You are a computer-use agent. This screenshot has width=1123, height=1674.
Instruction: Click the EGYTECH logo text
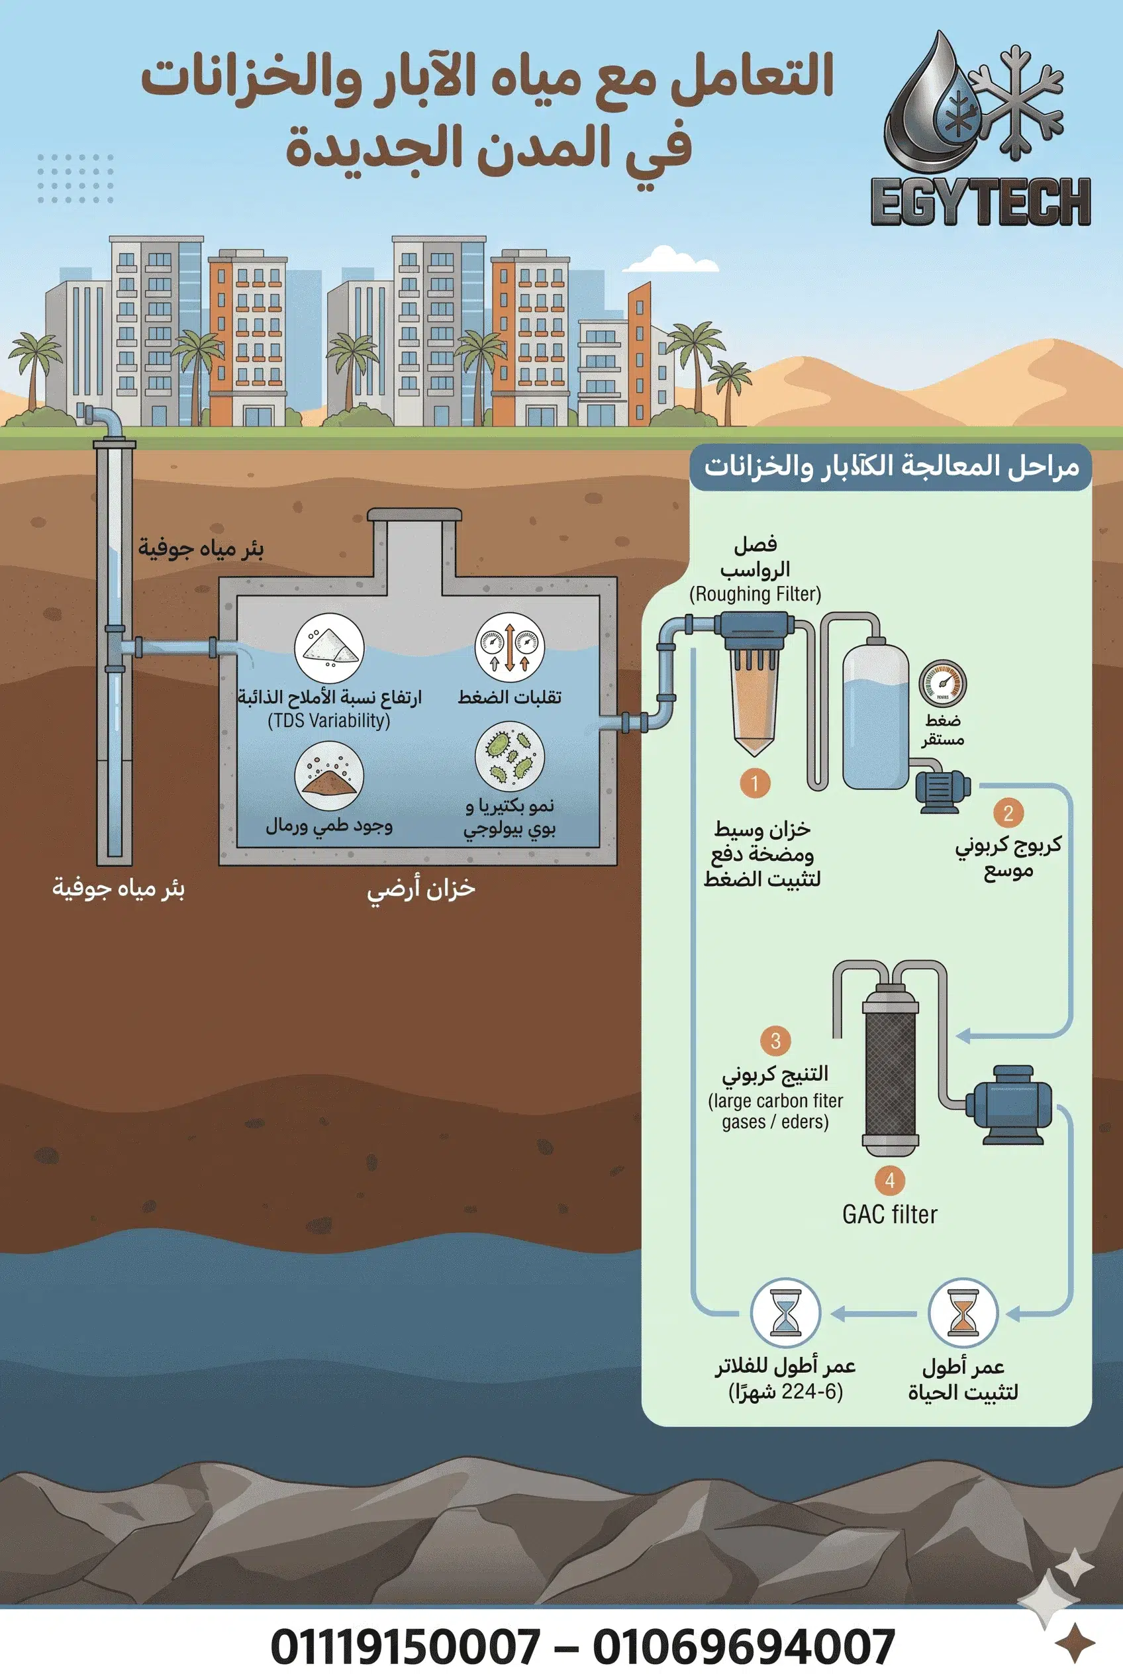coord(981,202)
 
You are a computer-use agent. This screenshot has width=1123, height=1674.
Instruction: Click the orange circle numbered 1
coord(754,783)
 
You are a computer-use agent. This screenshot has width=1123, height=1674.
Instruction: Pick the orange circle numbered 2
coord(1008,813)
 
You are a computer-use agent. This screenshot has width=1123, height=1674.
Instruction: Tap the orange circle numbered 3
coord(775,1040)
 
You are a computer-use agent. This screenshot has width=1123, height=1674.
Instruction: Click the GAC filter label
coord(889,1215)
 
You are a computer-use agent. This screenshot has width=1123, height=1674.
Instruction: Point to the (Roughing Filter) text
coord(755,594)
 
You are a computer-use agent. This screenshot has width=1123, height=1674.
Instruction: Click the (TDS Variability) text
coord(328,720)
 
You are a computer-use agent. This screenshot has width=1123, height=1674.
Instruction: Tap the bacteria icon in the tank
coord(510,756)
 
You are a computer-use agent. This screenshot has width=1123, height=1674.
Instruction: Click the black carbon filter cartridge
coord(890,1070)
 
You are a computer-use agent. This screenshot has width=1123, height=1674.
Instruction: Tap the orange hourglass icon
coord(963,1314)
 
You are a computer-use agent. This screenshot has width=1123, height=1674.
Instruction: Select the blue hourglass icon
coord(785,1312)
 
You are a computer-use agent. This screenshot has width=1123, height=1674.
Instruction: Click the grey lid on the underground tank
coord(414,515)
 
